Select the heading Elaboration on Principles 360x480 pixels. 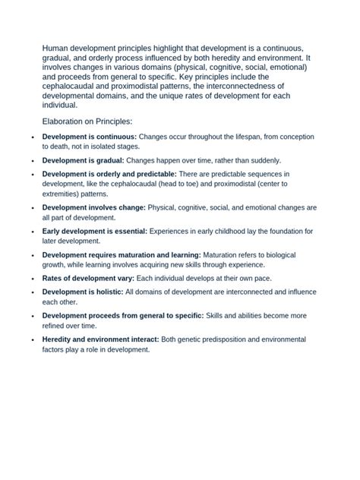pyautogui.click(x=87, y=122)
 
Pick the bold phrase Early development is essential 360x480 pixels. pyautogui.click(x=95, y=230)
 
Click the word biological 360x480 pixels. pyautogui.click(x=299, y=255)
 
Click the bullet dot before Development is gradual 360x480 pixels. pyautogui.click(x=31, y=161)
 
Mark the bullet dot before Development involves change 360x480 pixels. pyautogui.click(x=31, y=207)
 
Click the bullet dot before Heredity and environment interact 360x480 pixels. pyautogui.click(x=31, y=339)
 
